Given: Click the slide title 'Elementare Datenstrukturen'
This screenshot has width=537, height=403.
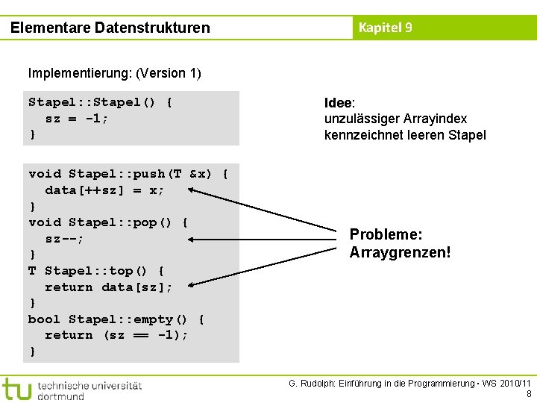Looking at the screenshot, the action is click(x=110, y=28).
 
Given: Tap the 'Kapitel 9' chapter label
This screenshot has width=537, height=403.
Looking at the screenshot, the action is click(x=385, y=28).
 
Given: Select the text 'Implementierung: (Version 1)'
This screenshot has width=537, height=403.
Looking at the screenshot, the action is click(x=114, y=73).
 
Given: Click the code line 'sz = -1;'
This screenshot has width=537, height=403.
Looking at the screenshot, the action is click(x=77, y=119).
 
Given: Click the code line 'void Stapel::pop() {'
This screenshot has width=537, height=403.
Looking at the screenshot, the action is click(x=108, y=222).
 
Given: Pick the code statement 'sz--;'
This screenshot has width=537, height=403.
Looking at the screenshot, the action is click(x=64, y=239).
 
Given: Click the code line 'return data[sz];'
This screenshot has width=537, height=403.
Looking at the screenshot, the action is click(x=108, y=287).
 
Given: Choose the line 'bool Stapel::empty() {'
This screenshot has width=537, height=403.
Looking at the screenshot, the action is click(x=116, y=319).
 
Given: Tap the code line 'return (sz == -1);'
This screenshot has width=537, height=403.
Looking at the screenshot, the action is click(x=116, y=335).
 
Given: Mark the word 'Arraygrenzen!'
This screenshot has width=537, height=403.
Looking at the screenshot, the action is click(x=400, y=252).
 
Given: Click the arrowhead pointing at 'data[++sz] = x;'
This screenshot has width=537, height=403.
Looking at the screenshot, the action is click(x=192, y=190).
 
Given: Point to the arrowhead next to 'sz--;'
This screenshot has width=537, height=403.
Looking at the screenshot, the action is click(x=192, y=240).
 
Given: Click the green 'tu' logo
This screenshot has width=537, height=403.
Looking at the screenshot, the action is click(x=16, y=388).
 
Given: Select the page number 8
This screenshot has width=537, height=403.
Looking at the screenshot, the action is click(x=529, y=394).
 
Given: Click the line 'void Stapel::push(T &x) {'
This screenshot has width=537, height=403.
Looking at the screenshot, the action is click(x=128, y=174).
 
